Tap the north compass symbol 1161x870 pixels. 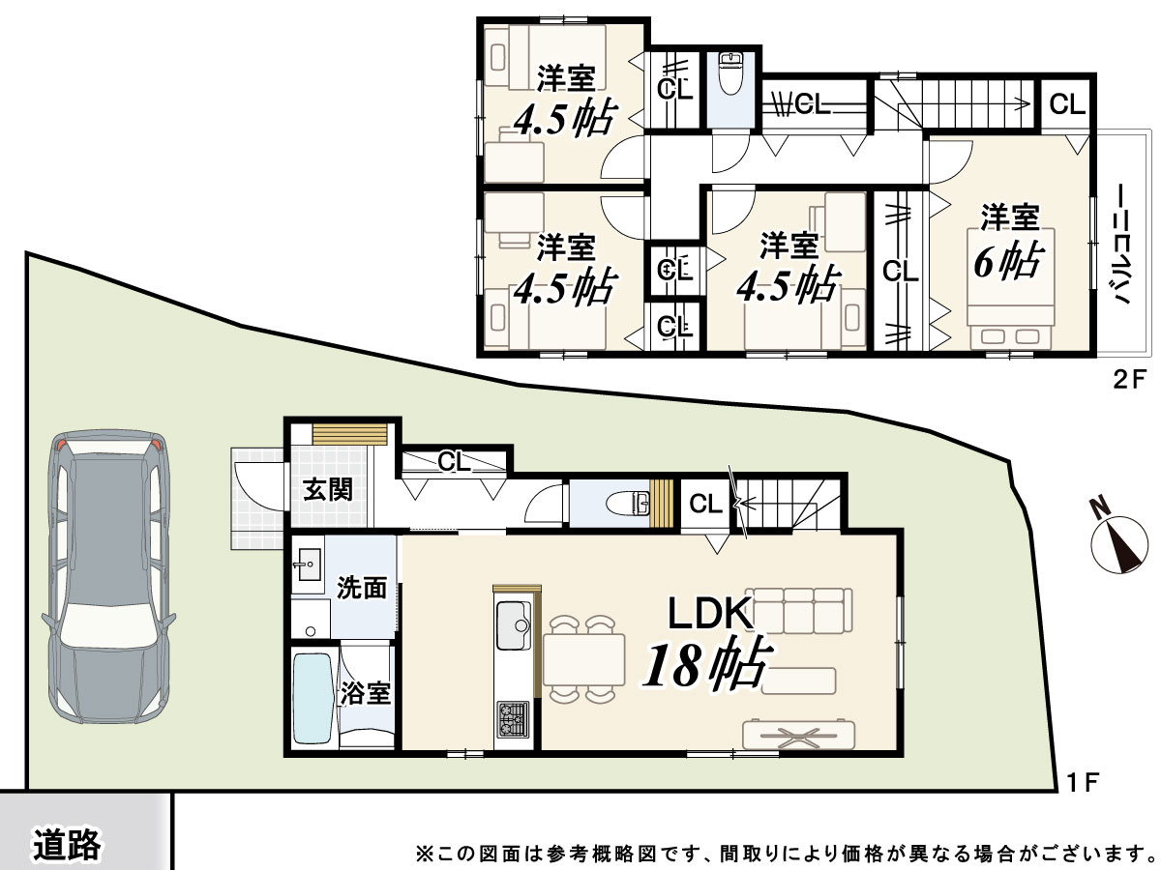coord(1119,542)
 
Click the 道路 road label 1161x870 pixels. coord(67,844)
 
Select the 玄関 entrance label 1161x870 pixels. coord(328,490)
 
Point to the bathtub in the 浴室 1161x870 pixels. coord(313,698)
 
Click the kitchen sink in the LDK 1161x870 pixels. coord(513,625)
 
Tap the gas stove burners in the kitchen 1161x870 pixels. coord(512,719)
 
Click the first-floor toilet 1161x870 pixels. coord(629,504)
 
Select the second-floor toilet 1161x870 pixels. coord(731,72)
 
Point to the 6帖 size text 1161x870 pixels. coord(1009,261)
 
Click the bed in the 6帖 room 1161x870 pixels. coord(1011,288)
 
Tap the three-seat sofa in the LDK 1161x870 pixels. coord(799,610)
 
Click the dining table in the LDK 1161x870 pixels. coord(584,659)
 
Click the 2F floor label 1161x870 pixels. coord(1129,379)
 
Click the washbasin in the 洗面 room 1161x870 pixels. coord(308,565)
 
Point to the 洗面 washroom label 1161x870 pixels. coord(362,588)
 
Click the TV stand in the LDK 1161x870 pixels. coord(799,735)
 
